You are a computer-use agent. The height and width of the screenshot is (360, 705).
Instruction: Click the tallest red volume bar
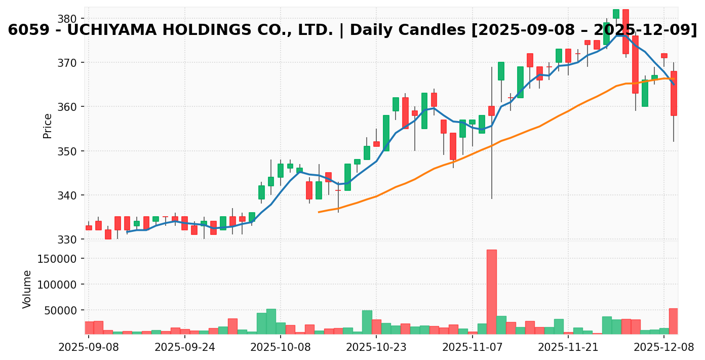click(491, 291)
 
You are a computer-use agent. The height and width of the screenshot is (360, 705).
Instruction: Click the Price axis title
click(48, 126)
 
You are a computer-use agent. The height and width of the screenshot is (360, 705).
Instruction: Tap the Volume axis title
click(27, 289)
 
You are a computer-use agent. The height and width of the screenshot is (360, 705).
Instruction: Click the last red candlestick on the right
click(674, 94)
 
